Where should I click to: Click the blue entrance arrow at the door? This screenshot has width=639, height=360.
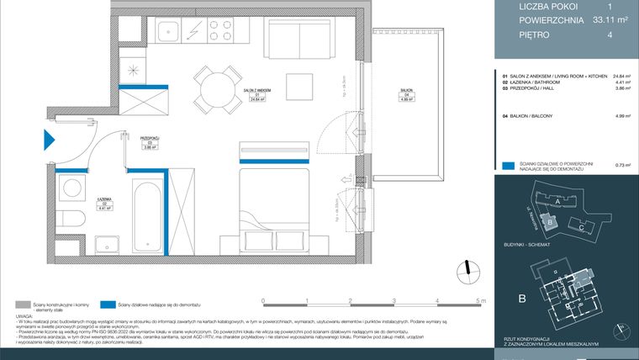[49, 144]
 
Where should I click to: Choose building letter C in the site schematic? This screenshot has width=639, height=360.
[582, 227]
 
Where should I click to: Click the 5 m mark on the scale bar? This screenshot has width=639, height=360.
[479, 300]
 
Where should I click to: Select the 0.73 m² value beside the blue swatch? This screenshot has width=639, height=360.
[622, 166]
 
